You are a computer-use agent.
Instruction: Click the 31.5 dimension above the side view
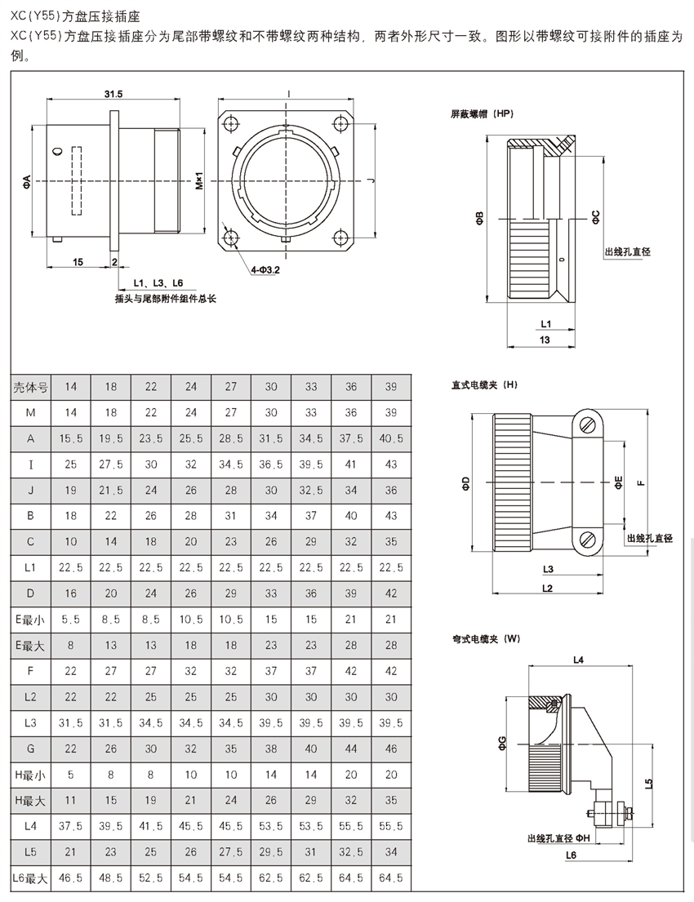(113, 95)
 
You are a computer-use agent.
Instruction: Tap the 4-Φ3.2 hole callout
(265, 269)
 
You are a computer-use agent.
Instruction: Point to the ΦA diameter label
(27, 182)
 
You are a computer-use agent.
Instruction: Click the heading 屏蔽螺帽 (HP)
(483, 113)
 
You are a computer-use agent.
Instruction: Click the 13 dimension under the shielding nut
(545, 338)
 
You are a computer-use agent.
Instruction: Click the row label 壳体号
(30, 388)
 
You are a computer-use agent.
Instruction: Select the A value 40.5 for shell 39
(391, 438)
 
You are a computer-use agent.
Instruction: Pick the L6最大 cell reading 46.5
(71, 878)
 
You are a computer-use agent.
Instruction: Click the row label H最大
(30, 800)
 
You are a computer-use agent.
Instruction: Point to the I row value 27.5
(111, 464)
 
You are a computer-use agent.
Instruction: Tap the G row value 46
(391, 749)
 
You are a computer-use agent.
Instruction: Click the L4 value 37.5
(71, 826)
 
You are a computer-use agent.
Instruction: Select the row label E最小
(30, 620)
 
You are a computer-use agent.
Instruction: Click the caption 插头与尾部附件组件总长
(166, 299)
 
